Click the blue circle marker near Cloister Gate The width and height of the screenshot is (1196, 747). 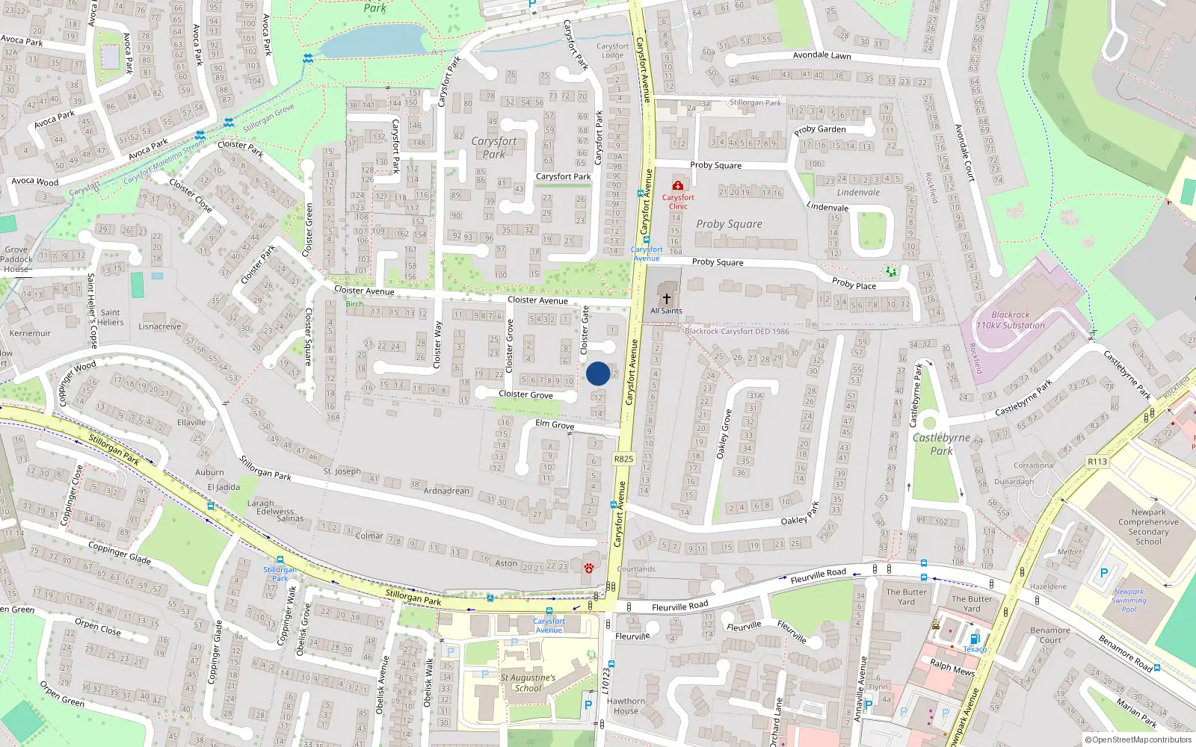[598, 373]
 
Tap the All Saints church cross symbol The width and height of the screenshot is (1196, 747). [666, 298]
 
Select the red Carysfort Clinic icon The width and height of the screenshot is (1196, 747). [677, 185]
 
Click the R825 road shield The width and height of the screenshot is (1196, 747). [623, 459]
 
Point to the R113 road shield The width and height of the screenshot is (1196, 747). [1097, 462]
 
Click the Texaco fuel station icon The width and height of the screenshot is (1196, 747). [974, 639]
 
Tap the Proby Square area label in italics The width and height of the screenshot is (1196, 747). [729, 224]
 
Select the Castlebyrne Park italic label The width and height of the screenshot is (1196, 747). [941, 444]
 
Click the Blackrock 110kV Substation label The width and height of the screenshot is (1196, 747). [1011, 320]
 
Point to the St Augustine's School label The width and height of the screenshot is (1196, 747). [528, 683]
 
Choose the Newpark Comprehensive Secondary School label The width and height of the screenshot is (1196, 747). [1148, 527]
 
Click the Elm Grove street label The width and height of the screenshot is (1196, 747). [555, 424]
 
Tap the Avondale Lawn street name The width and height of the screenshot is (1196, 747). [822, 55]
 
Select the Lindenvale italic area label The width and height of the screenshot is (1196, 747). [858, 193]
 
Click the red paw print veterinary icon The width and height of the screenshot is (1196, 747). [589, 568]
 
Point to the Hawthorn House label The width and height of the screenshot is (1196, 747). [626, 706]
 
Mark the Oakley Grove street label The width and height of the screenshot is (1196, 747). [723, 434]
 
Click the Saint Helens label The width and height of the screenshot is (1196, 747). [110, 317]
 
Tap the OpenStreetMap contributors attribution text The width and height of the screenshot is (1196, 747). [1138, 740]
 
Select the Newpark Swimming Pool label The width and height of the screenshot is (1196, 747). [1129, 601]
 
